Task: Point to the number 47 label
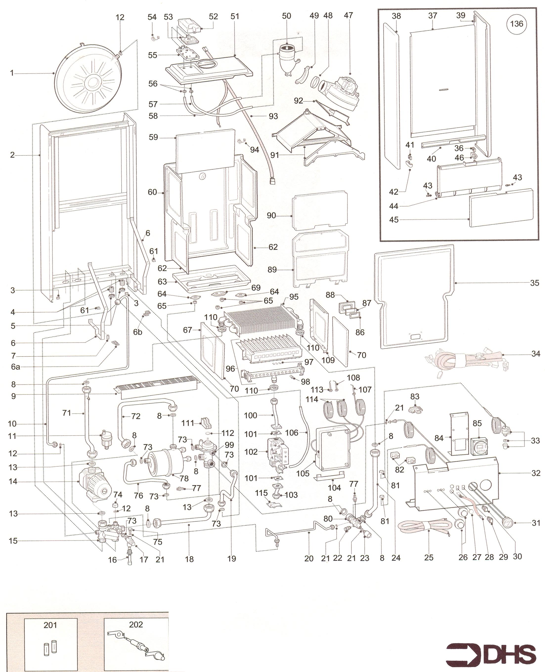tap(349, 15)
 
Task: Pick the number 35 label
tap(534, 283)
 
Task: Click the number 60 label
tap(152, 192)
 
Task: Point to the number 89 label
tap(272, 269)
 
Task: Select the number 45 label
tap(394, 220)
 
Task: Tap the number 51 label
tap(235, 16)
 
